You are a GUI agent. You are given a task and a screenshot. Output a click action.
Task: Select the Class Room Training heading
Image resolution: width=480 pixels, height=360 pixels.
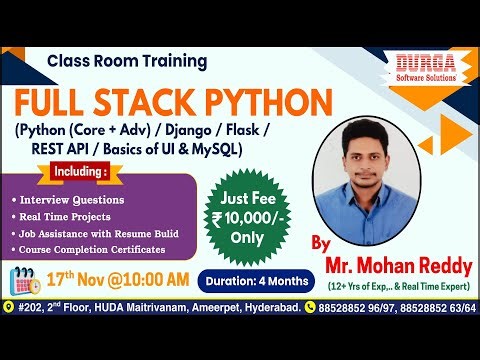[127, 61]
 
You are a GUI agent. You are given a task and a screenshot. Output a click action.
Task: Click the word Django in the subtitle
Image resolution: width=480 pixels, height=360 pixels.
[206, 132]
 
